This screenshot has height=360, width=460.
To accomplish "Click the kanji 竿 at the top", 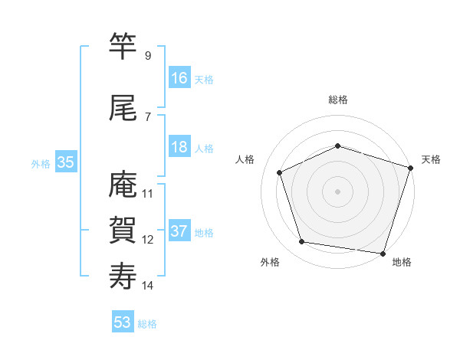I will [123, 48].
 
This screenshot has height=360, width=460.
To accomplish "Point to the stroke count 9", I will [148, 56].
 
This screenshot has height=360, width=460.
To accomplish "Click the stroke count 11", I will [148, 193].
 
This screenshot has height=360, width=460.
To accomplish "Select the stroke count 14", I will [148, 286].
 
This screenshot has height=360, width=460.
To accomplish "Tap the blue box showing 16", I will [179, 78].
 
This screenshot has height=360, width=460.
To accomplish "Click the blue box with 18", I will [179, 147].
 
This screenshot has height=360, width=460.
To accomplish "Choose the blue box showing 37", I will [179, 231].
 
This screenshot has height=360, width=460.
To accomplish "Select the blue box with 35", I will [65, 162].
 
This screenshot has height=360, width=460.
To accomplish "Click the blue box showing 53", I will [123, 322].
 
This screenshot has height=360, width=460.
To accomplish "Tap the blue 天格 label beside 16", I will [204, 80].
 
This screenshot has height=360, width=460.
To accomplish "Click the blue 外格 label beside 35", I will [41, 163].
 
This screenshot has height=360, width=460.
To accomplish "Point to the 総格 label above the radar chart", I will [337, 100].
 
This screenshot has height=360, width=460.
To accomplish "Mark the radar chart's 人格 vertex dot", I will [280, 172].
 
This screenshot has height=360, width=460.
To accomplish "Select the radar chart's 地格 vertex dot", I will [383, 252].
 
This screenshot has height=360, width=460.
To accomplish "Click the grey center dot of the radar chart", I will [337, 191].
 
